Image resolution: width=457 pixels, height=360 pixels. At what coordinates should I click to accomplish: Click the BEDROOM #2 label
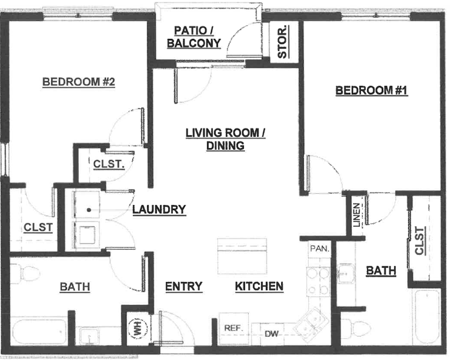79,82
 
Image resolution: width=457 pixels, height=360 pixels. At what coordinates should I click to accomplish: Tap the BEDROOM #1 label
371,90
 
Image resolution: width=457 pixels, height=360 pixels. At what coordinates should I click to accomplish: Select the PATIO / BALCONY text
194,37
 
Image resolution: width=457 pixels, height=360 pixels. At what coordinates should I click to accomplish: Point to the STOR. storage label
282,41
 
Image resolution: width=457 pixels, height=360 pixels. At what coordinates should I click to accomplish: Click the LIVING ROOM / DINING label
225,139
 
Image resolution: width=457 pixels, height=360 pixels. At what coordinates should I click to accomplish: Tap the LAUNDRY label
159,209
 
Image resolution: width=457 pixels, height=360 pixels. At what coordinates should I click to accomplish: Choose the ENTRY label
184,286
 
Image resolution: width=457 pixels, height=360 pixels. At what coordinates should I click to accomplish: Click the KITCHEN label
259,286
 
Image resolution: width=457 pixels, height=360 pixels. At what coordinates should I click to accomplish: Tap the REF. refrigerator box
234,329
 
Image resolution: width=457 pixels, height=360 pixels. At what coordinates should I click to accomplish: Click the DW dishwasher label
271,334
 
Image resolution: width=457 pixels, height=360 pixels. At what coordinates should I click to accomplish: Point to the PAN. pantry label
319,249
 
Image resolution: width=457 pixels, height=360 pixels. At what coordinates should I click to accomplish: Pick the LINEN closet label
357,215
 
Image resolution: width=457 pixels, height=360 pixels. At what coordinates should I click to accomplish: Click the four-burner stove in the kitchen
318,281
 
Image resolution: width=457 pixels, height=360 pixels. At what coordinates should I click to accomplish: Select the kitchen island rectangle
242,256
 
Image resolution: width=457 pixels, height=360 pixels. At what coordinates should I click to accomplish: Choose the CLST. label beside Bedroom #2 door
109,164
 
